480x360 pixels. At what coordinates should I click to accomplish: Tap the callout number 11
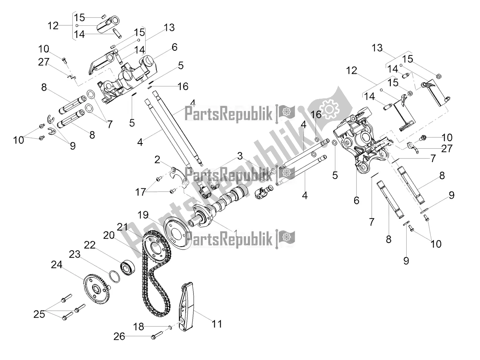pos(217,324)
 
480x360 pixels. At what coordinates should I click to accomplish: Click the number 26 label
pos(119,337)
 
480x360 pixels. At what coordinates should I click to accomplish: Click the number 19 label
pos(143,216)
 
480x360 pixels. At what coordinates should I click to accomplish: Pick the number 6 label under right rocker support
pos(356,201)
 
